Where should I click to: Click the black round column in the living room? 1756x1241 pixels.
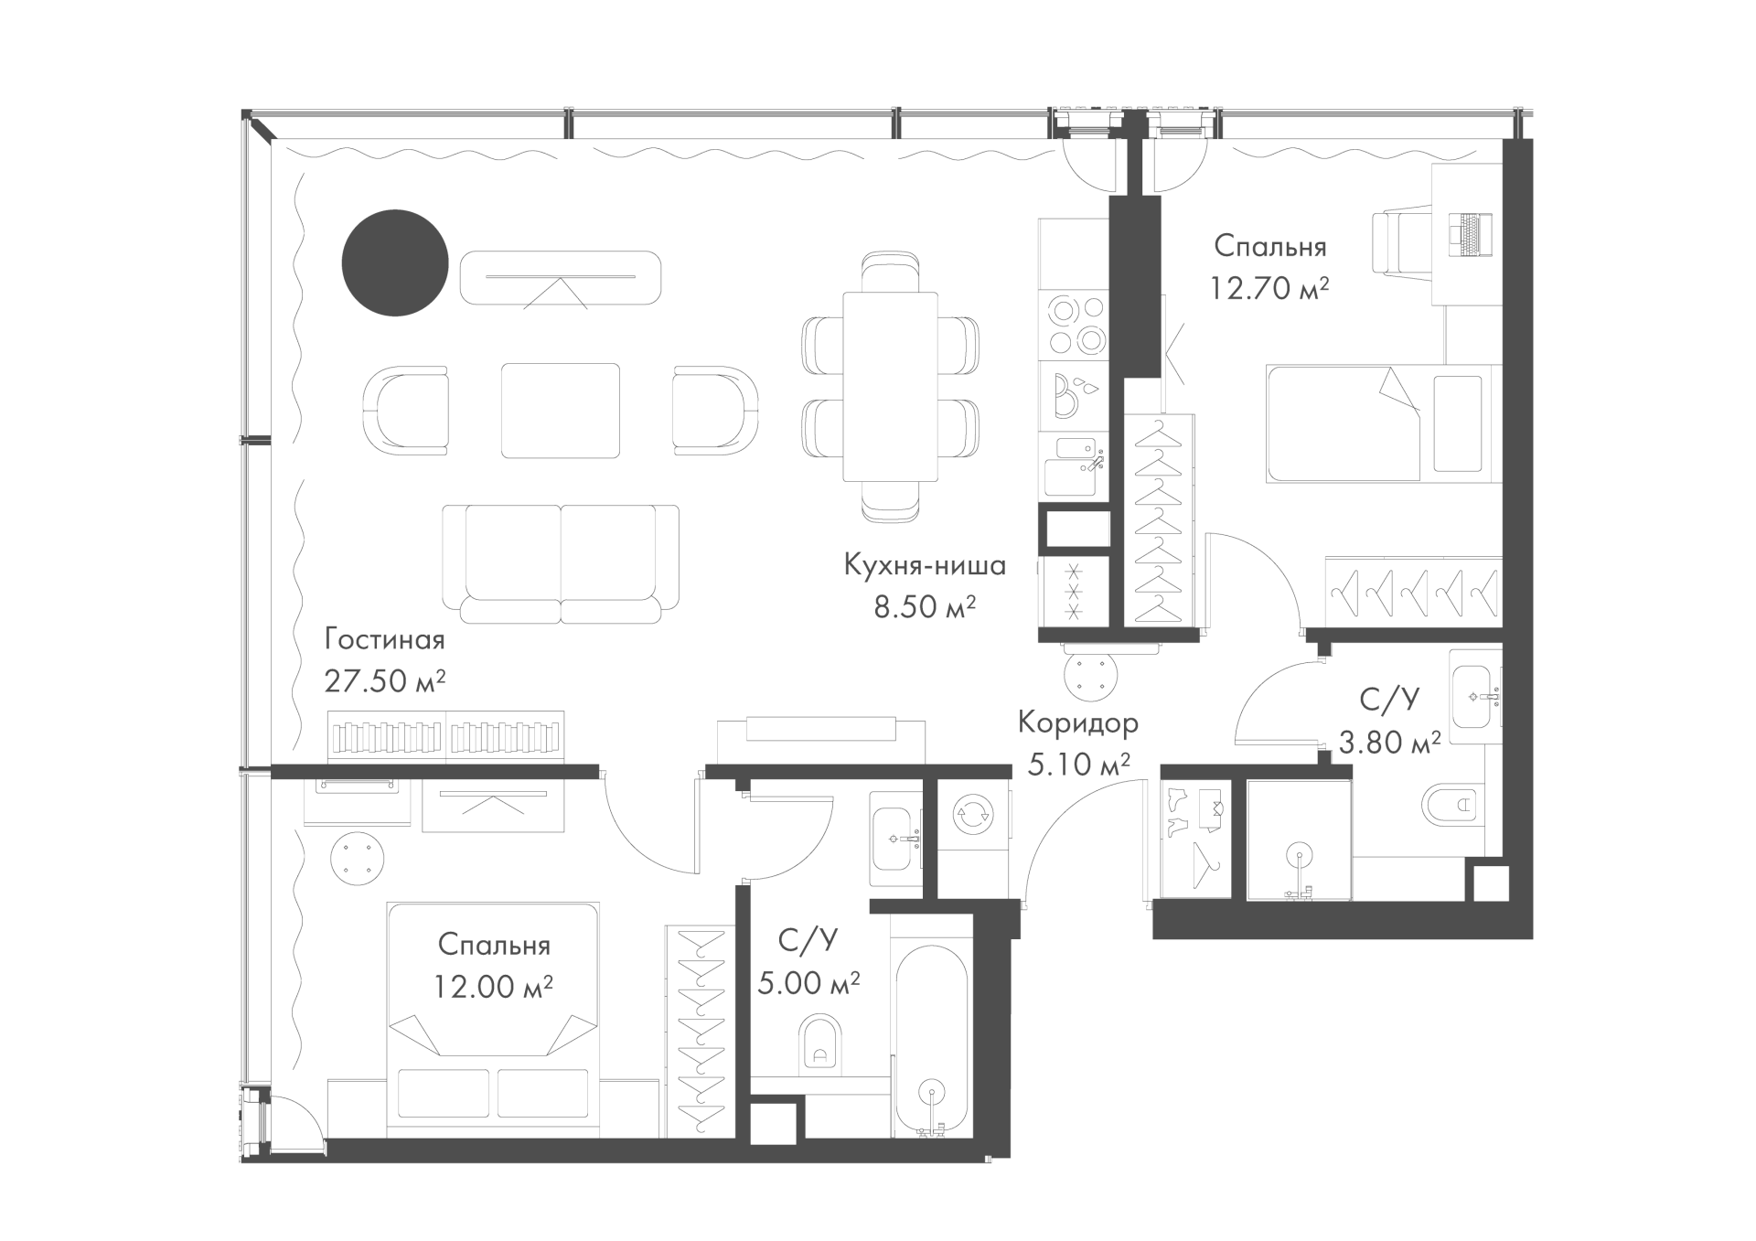point(395,263)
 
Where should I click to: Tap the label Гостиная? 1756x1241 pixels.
point(384,639)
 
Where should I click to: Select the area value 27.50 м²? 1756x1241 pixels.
point(385,680)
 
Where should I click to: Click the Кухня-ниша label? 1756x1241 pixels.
point(925,565)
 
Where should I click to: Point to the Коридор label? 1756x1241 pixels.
point(1078,722)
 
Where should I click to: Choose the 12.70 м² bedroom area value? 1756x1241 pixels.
point(1269,288)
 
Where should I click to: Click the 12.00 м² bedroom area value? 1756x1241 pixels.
point(494,987)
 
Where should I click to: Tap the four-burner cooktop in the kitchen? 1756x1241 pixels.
point(1076,324)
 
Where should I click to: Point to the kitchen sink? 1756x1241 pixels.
point(1076,466)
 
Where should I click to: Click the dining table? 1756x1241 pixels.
point(891,386)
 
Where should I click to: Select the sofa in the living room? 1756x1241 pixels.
point(561,563)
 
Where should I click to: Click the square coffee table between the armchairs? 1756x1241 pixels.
point(561,410)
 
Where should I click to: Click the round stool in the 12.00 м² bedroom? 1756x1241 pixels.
point(358,859)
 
